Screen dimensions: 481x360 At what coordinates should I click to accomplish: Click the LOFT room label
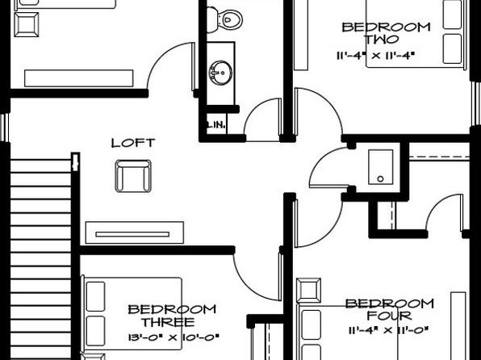[133, 143]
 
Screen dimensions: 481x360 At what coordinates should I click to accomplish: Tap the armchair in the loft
[133, 176]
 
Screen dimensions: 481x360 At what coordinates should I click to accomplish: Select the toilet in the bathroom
[224, 19]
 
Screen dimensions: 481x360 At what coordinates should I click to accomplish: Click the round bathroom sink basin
[221, 73]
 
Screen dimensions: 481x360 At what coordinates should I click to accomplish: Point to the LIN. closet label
[216, 124]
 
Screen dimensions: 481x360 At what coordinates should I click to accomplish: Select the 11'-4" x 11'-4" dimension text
[376, 56]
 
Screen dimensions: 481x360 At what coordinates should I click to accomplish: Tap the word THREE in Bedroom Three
[168, 322]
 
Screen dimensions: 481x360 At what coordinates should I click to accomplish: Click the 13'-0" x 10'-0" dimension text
[174, 337]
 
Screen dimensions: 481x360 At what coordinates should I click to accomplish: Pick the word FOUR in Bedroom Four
[389, 316]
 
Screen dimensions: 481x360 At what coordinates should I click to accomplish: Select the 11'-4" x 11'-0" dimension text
[388, 330]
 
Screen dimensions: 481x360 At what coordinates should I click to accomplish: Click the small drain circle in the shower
[380, 178]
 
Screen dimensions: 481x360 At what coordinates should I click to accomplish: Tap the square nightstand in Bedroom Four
[308, 291]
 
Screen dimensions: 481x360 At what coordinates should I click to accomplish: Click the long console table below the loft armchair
[135, 232]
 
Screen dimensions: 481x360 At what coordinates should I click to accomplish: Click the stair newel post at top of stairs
[76, 161]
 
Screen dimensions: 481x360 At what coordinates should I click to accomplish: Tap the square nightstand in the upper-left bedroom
[27, 24]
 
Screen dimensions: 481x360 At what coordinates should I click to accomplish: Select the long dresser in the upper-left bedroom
[78, 78]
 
